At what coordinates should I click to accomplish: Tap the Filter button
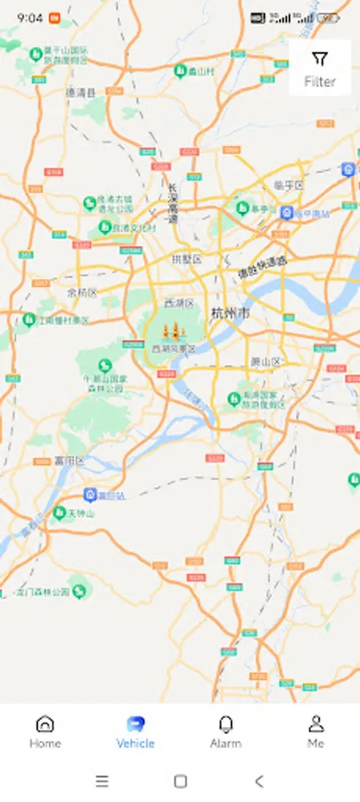point(320,68)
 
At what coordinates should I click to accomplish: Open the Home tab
point(45,732)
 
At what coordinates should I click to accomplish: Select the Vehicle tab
point(135,732)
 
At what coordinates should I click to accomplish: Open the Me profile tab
point(315,732)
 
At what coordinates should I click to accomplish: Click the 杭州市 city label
point(231,313)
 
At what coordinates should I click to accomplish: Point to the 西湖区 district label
point(179,303)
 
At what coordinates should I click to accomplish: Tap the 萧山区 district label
point(266,362)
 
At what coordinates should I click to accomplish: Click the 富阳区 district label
point(68,462)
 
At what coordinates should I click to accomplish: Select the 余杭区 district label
point(82,292)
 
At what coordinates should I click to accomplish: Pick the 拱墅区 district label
point(186,259)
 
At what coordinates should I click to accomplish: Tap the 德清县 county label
point(80,92)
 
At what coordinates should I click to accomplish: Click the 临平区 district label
point(289,185)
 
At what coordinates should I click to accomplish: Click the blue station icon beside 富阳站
point(90,495)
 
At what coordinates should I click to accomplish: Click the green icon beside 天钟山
point(60,512)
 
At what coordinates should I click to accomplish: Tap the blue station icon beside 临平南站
point(286,213)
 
